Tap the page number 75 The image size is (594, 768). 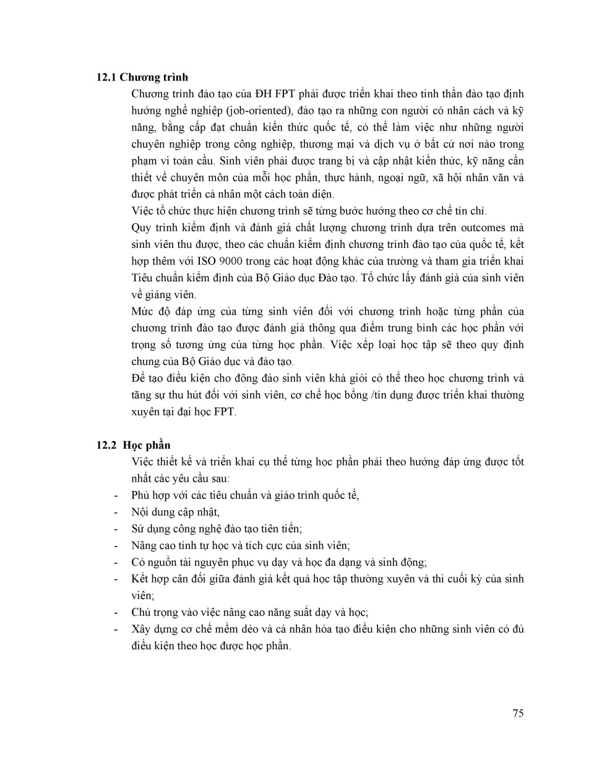(518, 713)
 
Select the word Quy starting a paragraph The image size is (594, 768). (140, 228)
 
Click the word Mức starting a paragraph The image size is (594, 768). (142, 311)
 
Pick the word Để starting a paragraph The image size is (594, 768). (138, 378)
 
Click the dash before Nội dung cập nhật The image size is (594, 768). (116, 512)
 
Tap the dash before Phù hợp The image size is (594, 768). (116, 495)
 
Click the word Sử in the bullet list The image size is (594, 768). (137, 529)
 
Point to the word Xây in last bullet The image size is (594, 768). (140, 629)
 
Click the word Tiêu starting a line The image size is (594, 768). (143, 278)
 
